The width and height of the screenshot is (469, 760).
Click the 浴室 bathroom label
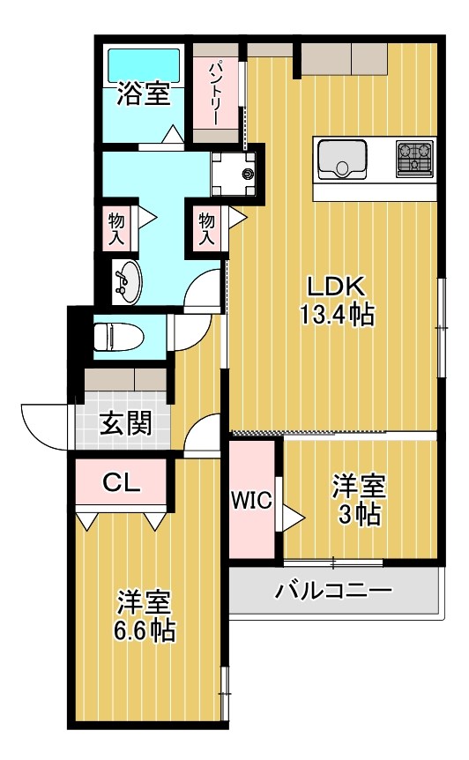[144, 94]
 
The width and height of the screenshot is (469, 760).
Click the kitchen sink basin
[342, 158]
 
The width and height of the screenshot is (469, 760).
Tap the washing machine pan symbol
[236, 173]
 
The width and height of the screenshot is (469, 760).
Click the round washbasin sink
[125, 280]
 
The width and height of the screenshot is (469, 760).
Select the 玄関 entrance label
[124, 424]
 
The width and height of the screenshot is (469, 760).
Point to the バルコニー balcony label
[334, 590]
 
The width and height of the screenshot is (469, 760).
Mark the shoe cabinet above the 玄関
[124, 378]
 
